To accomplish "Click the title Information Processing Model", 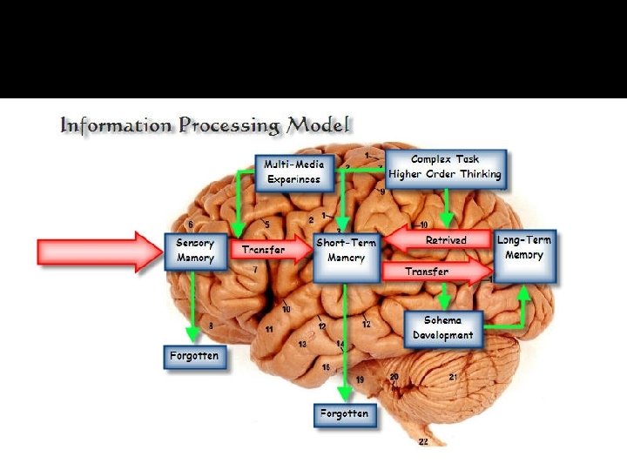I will pos(205,124).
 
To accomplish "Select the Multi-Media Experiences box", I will pos(294,171).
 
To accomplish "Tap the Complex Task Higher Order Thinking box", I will pos(445,167).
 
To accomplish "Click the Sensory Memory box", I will pos(195,251).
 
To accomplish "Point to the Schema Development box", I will pos(443,327).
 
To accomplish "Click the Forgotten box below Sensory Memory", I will pos(195,356).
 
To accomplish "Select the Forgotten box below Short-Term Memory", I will pos(344,413).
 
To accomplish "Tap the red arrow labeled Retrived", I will pos(435,239).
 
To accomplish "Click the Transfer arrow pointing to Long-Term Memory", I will pos(435,272).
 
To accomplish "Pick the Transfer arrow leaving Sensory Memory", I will pos(268,251).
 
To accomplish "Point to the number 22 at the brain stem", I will pos(423,442).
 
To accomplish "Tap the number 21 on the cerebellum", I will pos(453,377).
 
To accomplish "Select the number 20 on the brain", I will pos(394,377).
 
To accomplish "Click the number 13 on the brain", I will pos(302,345).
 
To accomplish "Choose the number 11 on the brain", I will pos(270,329).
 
